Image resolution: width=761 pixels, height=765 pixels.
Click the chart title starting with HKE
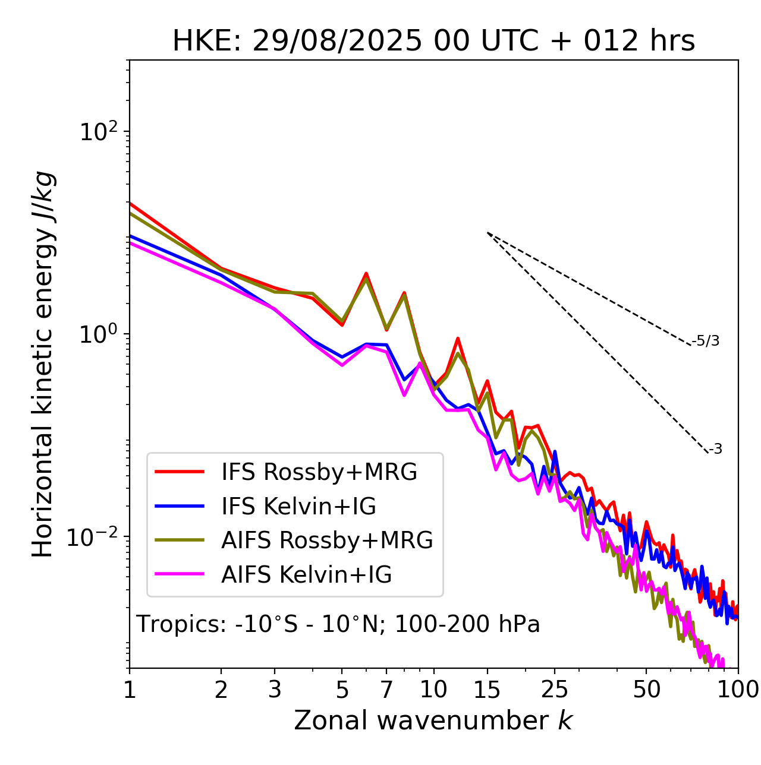pos(433,42)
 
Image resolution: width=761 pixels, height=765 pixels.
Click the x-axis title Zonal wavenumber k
pos(433,720)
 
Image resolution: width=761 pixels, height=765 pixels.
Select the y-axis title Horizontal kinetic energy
pos(43,365)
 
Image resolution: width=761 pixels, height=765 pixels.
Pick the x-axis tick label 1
pos(130,690)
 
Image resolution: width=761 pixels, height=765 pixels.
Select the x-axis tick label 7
pos(386,690)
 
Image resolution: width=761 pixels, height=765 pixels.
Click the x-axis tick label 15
pos(487,690)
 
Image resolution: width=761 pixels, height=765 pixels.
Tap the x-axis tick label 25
pos(555,690)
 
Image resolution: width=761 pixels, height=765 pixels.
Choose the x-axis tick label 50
pos(646,690)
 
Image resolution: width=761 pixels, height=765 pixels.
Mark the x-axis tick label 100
pos(738,690)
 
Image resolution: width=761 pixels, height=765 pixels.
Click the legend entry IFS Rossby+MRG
pos(319,472)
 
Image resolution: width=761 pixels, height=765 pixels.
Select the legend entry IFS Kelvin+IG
pos(298,506)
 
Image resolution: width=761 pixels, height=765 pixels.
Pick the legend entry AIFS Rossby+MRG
pos(327,540)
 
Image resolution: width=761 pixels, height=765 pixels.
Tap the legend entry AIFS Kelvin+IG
pos(306,575)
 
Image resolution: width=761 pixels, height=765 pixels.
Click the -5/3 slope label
pos(706,342)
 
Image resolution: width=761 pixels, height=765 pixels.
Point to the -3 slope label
pos(715,450)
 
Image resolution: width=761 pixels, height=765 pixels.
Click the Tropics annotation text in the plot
pos(338,625)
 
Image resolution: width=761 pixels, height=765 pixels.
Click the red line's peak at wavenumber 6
pos(366,273)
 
